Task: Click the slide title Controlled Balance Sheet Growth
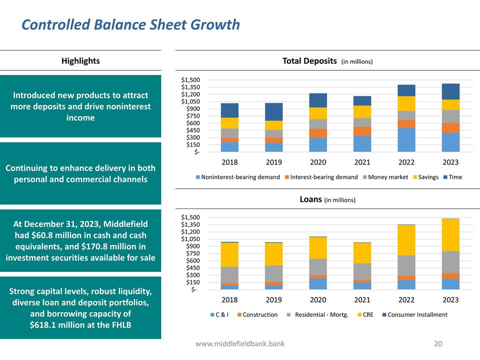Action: [130, 24]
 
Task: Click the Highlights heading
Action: [80, 61]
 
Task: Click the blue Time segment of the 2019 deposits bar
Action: [273, 111]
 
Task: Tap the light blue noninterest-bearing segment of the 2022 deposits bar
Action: [406, 139]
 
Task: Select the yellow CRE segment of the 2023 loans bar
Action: [450, 234]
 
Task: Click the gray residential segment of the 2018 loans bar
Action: [229, 274]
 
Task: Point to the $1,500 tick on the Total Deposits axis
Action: [190, 80]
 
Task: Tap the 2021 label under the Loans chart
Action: [362, 300]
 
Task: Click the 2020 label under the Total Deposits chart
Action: [318, 162]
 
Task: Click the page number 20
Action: [438, 344]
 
